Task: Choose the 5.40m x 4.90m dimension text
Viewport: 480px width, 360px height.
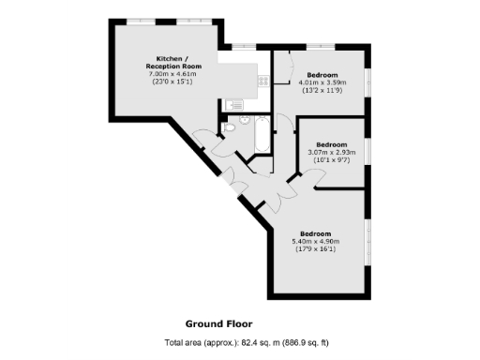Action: coord(315,241)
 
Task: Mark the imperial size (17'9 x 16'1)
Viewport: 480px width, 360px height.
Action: coord(315,248)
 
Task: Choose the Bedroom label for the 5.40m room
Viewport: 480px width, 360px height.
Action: coord(315,232)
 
